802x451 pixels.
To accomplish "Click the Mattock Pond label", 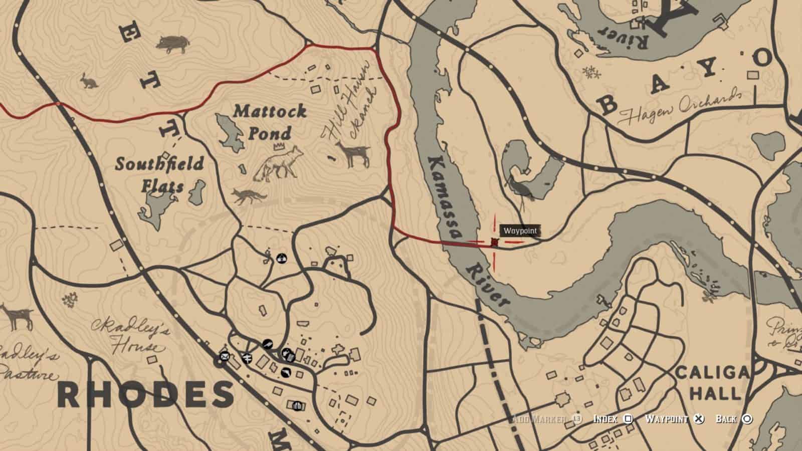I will (x=270, y=122).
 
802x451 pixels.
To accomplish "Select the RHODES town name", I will (x=145, y=394).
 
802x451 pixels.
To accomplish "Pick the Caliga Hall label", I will (x=714, y=382).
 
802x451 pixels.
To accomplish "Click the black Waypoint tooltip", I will (x=520, y=231).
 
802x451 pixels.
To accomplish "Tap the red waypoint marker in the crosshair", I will (x=495, y=243).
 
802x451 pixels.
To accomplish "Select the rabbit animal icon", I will (x=90, y=81).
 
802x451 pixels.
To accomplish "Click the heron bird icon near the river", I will (x=519, y=187).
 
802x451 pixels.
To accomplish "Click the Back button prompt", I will (x=734, y=418).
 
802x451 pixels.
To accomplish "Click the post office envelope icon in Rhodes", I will (x=224, y=356).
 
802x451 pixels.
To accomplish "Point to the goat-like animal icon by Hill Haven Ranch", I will (x=354, y=154).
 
